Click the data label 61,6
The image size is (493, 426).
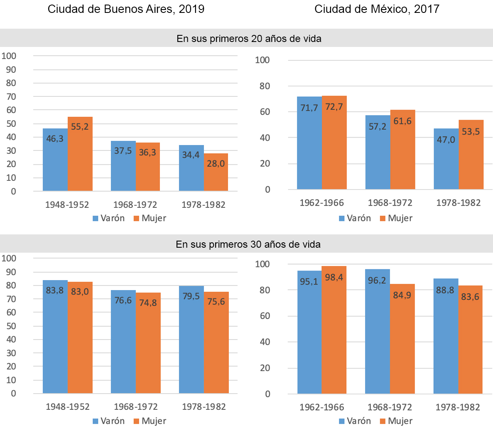pyautogui.click(x=402, y=121)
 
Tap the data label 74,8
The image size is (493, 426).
pyautogui.click(x=148, y=303)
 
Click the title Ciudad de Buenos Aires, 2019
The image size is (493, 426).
pyautogui.click(x=126, y=9)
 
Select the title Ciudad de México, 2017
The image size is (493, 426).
pyautogui.click(x=377, y=9)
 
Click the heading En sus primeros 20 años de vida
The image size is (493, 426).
pyautogui.click(x=249, y=39)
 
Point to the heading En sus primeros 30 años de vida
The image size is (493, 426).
pyautogui.click(x=248, y=244)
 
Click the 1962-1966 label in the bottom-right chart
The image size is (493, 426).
pyautogui.click(x=322, y=407)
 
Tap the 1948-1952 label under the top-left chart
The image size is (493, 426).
pyautogui.click(x=67, y=204)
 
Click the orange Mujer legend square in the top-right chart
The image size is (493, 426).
pyautogui.click(x=383, y=219)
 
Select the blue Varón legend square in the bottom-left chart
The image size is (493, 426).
pyautogui.click(x=96, y=421)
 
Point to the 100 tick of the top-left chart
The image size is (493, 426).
pyautogui.click(x=9, y=56)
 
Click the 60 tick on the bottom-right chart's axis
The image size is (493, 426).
pyautogui.click(x=264, y=316)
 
